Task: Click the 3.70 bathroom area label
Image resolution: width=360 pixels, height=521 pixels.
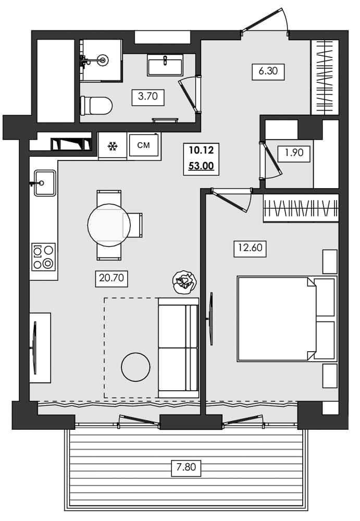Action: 148,97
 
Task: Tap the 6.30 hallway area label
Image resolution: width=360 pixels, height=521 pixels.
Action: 268,71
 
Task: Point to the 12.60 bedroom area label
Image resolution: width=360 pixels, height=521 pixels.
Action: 250,249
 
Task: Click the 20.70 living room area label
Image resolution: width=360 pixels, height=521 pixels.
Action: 111,279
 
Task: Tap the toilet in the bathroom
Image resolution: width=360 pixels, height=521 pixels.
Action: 97,106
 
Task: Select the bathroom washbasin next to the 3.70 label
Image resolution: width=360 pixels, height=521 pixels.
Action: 165,65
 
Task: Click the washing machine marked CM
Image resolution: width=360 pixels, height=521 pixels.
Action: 143,145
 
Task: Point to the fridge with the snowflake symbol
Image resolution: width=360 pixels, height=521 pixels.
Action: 111,146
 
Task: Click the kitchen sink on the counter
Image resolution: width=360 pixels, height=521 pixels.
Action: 45,183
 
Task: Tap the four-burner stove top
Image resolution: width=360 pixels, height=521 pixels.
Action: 43,257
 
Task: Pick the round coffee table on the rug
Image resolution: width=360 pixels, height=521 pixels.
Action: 136,367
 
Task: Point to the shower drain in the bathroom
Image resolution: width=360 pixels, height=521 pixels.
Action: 103,60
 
